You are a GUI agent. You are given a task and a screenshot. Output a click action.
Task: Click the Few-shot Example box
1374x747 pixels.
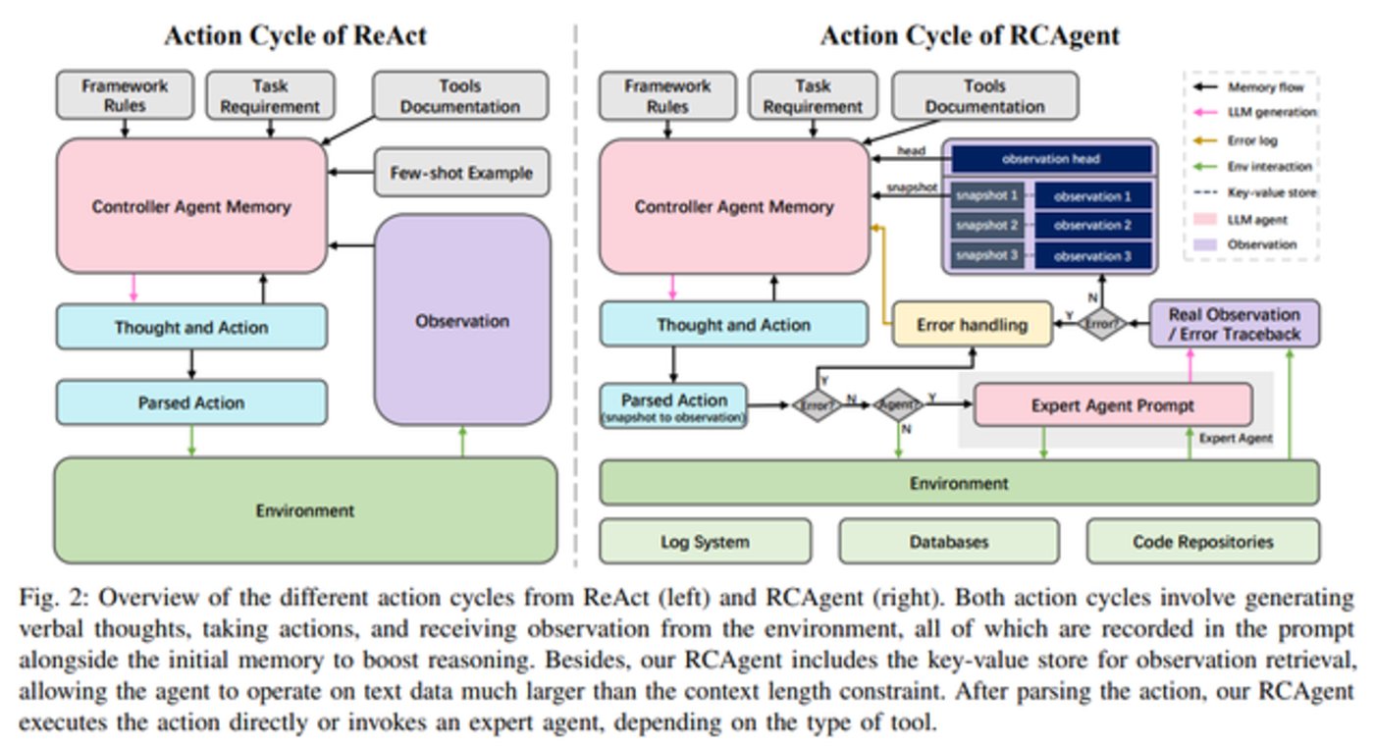click(461, 174)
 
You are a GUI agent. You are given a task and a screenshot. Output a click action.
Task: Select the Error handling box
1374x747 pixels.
click(972, 324)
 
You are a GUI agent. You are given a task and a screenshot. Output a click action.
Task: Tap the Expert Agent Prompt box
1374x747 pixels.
click(1112, 404)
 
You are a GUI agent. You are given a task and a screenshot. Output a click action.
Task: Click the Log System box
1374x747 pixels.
click(705, 541)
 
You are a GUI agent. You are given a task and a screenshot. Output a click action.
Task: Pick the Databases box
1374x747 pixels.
click(948, 541)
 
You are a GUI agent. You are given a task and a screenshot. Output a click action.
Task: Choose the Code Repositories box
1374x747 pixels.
click(1202, 541)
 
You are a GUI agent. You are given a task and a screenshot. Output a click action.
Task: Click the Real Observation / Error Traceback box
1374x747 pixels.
click(1234, 324)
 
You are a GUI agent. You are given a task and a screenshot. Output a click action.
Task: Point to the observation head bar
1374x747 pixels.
click(1050, 159)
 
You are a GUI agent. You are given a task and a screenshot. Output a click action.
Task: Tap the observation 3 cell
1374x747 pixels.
click(1092, 255)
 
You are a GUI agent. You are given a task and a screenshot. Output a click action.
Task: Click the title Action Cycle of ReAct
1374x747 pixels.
click(294, 36)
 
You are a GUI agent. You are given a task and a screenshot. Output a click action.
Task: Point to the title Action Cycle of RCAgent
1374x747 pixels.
click(970, 36)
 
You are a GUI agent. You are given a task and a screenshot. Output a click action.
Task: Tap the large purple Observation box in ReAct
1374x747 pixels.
click(462, 320)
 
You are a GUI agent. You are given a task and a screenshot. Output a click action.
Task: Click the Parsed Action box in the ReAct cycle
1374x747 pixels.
click(191, 402)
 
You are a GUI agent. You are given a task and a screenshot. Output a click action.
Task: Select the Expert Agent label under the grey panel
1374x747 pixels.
click(1236, 439)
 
